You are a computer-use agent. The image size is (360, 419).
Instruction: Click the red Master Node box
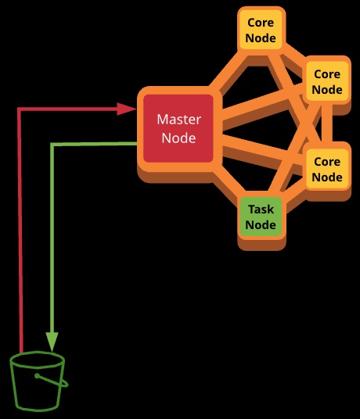click(178, 128)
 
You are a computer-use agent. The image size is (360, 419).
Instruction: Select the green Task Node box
click(261, 217)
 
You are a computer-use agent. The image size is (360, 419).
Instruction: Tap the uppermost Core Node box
click(261, 30)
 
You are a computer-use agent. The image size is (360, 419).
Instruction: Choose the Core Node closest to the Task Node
click(327, 169)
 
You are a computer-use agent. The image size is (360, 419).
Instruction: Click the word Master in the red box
click(178, 120)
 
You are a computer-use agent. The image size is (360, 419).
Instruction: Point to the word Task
click(261, 209)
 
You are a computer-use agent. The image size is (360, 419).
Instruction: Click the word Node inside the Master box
click(178, 138)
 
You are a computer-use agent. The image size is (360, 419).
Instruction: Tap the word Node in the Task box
click(261, 224)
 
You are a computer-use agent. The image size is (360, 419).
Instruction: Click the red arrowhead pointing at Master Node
click(127, 109)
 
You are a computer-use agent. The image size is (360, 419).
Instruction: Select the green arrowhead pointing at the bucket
click(52, 342)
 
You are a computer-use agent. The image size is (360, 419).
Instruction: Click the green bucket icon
click(39, 381)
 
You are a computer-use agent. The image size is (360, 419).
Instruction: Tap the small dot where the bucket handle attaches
click(37, 376)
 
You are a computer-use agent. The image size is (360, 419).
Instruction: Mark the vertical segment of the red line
click(20, 230)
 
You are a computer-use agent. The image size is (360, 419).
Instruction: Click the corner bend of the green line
click(52, 145)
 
